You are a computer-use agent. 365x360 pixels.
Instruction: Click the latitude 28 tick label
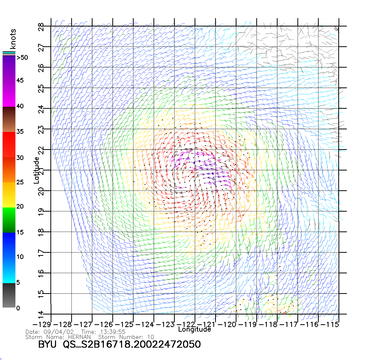click(41, 27)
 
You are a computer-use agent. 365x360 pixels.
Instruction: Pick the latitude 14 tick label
click(41, 314)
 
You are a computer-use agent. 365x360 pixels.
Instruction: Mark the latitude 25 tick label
click(41, 89)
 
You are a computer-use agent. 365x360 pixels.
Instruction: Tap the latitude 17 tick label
click(41, 253)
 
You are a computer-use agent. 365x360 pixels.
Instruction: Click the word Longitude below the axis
click(195, 329)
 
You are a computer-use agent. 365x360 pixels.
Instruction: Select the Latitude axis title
click(36, 170)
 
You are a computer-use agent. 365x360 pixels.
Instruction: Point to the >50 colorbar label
click(22, 58)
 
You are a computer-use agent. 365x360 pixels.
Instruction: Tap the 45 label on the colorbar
click(20, 80)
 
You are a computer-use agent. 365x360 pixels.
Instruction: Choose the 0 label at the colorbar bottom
click(18, 308)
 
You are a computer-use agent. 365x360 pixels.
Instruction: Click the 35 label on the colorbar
click(20, 132)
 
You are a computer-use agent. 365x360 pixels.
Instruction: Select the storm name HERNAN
click(79, 337)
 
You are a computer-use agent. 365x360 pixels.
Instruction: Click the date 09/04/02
click(59, 332)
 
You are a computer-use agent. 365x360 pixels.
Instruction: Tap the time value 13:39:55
click(113, 332)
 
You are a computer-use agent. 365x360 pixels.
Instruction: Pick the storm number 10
click(151, 337)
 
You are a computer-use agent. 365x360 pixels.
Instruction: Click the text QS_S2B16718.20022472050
click(132, 344)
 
